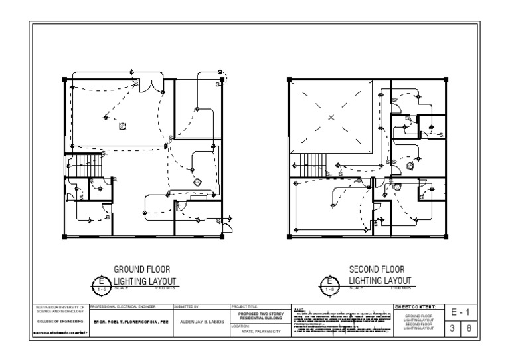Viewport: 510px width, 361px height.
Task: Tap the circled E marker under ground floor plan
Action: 102,285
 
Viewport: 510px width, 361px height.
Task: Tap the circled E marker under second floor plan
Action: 329,285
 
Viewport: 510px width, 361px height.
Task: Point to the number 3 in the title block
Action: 451,328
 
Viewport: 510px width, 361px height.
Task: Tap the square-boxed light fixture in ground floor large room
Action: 122,126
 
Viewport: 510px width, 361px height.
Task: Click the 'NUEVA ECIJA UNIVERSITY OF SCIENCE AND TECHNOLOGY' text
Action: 60,309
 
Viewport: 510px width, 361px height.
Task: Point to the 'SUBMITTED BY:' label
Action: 187,306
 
